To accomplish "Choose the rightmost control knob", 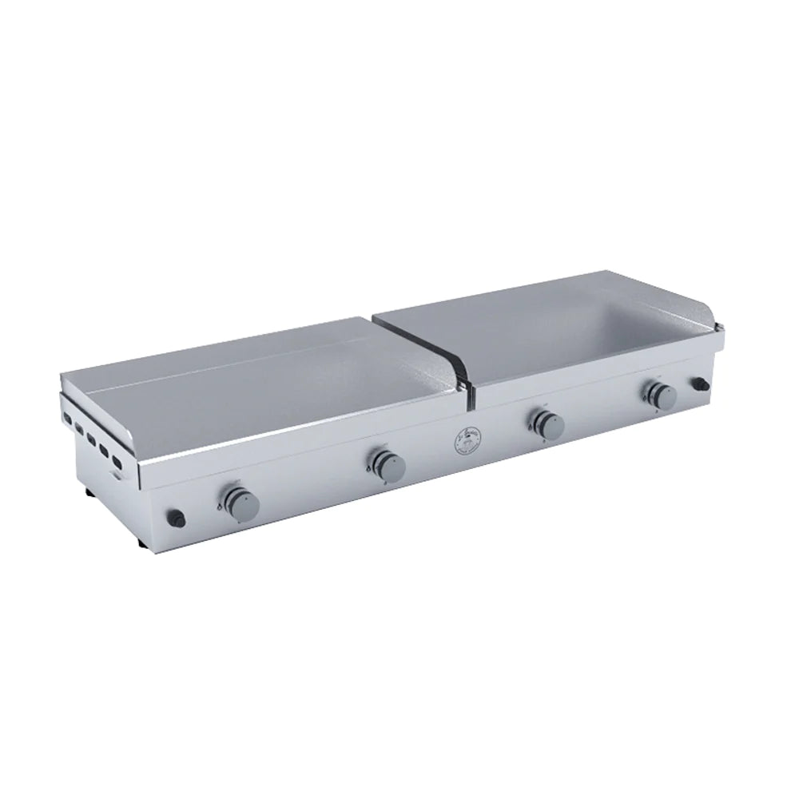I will tap(662, 395).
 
